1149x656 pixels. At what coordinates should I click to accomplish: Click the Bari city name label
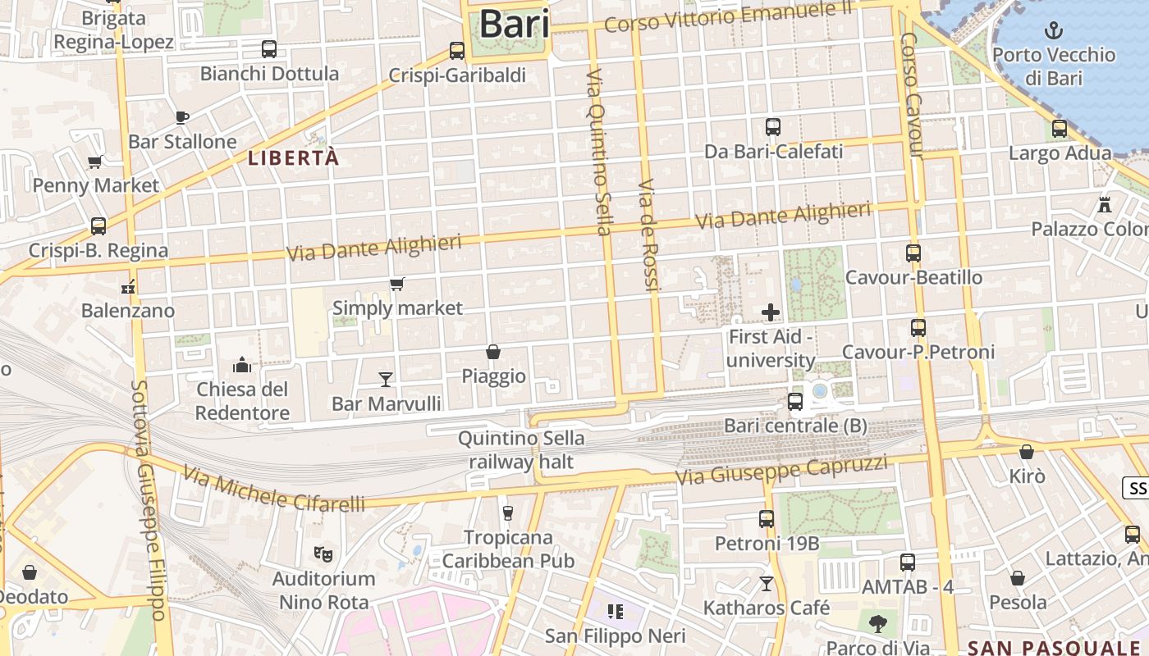click(x=514, y=23)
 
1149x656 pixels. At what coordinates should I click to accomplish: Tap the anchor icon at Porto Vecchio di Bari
click(x=1053, y=31)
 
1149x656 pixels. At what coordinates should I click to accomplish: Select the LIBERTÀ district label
click(x=294, y=158)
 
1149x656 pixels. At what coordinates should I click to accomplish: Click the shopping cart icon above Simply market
click(x=397, y=285)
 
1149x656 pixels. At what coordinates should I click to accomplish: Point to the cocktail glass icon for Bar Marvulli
click(x=386, y=379)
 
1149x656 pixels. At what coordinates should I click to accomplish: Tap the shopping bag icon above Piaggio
click(x=493, y=352)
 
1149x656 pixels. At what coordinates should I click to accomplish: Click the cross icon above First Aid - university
click(x=771, y=312)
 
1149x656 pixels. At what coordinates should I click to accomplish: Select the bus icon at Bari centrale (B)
click(x=794, y=401)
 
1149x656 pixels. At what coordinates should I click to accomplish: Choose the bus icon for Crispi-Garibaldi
click(x=457, y=51)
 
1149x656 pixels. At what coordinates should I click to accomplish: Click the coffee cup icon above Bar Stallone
click(x=182, y=117)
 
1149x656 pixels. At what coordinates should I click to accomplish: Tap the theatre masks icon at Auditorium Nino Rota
click(x=323, y=554)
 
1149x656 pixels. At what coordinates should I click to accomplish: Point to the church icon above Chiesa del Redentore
click(x=242, y=364)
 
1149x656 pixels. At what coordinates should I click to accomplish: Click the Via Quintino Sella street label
click(x=598, y=152)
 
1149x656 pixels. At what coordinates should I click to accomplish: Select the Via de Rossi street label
click(x=649, y=235)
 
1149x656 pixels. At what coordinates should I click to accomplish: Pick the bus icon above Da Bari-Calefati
click(x=772, y=127)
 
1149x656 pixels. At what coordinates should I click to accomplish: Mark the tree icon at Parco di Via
click(x=878, y=623)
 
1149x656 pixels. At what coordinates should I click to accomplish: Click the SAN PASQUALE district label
click(x=1055, y=646)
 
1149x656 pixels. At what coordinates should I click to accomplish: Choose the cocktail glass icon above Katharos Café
click(x=767, y=583)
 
